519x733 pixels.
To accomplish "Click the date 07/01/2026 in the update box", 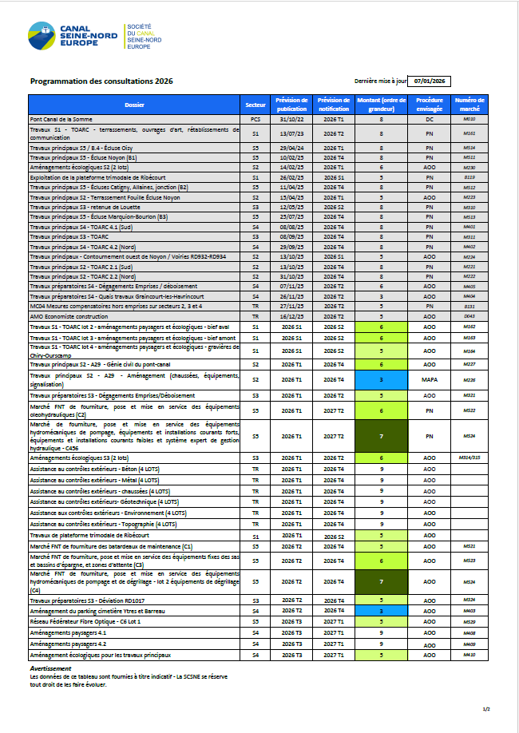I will point(430,81).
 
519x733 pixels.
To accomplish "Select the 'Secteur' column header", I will point(256,105).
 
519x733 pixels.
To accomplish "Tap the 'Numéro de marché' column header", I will point(469,105).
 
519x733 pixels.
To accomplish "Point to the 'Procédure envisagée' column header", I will point(429,105).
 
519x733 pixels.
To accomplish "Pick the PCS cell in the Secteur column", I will point(256,118).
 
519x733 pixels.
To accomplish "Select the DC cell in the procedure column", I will point(429,118).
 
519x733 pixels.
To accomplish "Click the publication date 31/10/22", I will point(291,118).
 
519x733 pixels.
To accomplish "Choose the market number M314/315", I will point(469,458).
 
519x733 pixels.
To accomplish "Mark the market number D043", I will point(469,316).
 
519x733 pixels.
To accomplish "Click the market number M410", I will point(469,655).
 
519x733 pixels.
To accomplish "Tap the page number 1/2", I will point(486,709).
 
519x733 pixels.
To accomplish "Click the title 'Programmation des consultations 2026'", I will point(101,81).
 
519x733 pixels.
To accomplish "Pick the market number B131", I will point(469,306).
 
